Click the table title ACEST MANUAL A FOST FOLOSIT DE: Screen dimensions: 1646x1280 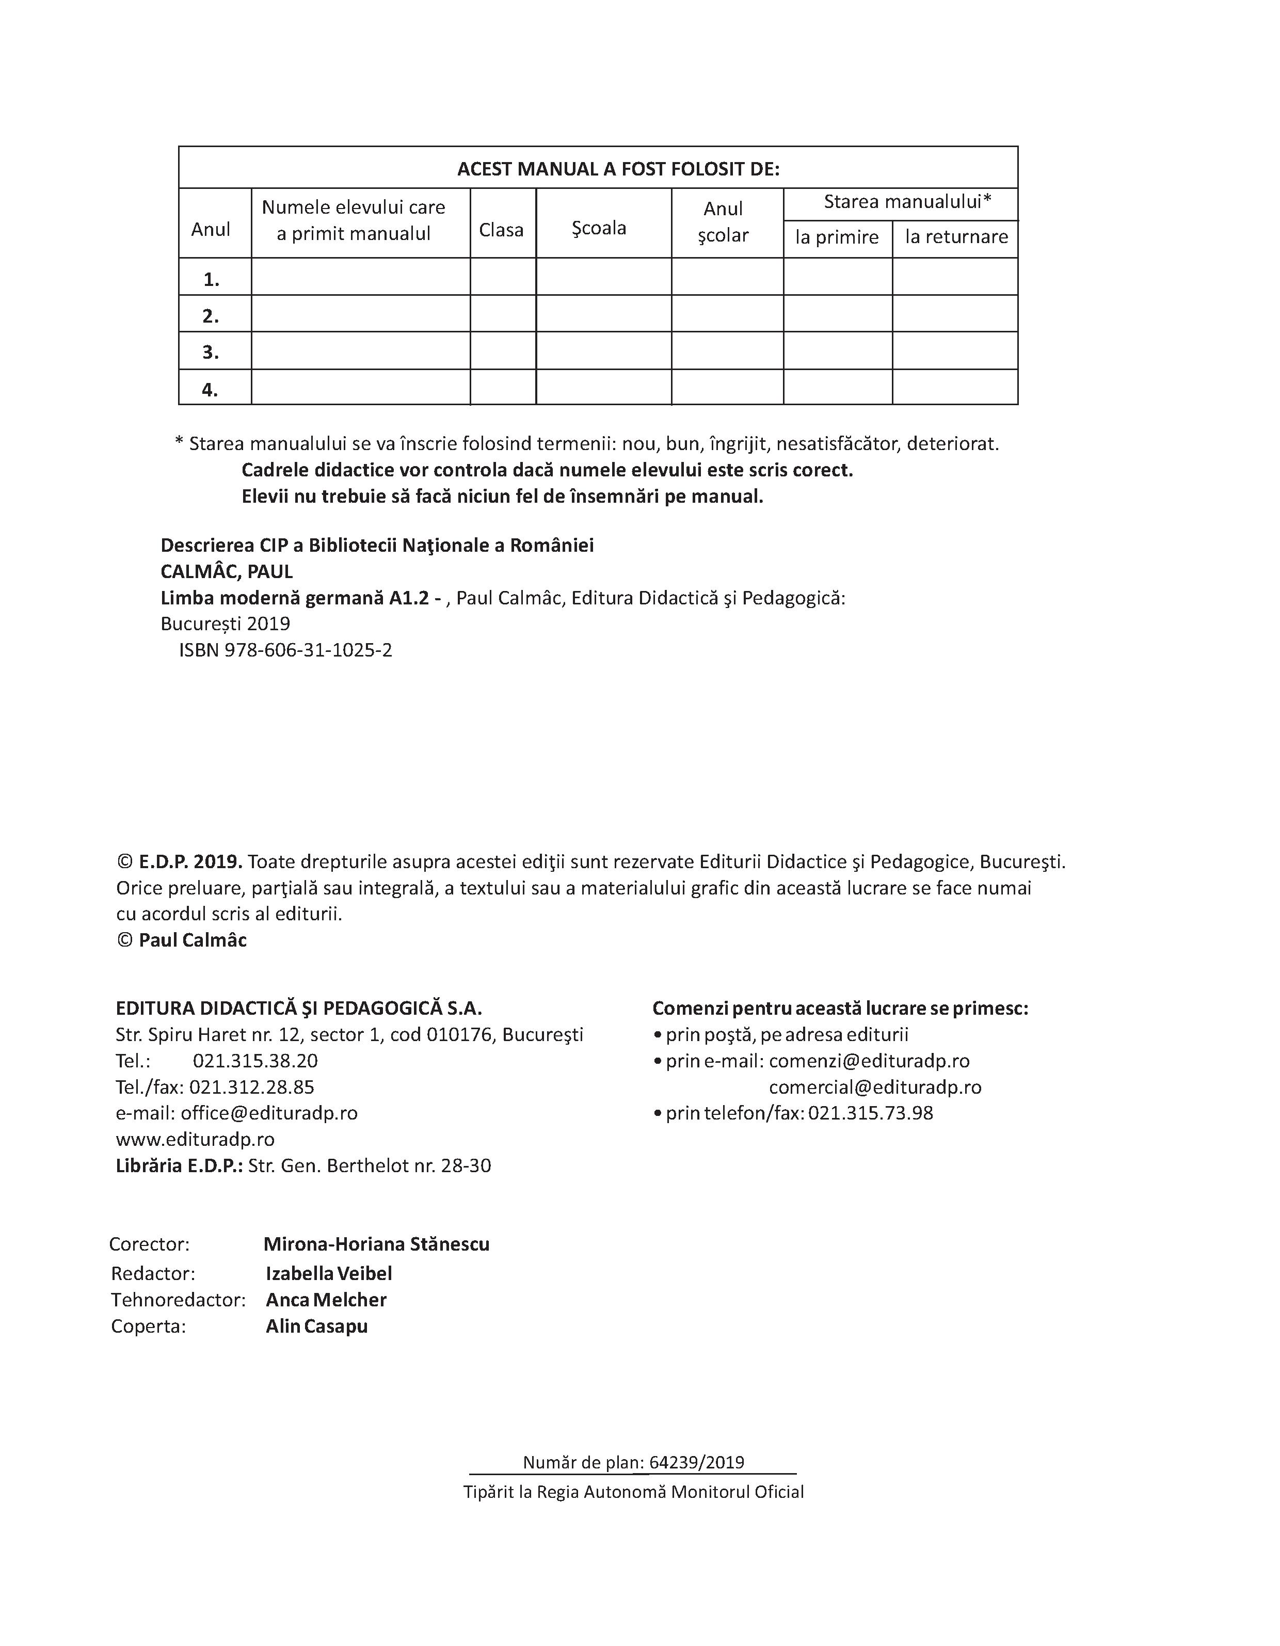618,169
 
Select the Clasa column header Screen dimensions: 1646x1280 501,229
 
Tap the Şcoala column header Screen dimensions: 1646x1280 599,228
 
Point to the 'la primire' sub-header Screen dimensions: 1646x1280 837,237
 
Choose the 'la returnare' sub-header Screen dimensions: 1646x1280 956,236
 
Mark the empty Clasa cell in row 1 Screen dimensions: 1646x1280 503,277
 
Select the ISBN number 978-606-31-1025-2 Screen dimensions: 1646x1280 308,650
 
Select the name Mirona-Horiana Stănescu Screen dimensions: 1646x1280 376,1244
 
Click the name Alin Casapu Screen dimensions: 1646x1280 316,1327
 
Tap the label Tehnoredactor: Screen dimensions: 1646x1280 178,1300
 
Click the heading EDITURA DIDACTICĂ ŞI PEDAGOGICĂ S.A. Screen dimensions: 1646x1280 298,1009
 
